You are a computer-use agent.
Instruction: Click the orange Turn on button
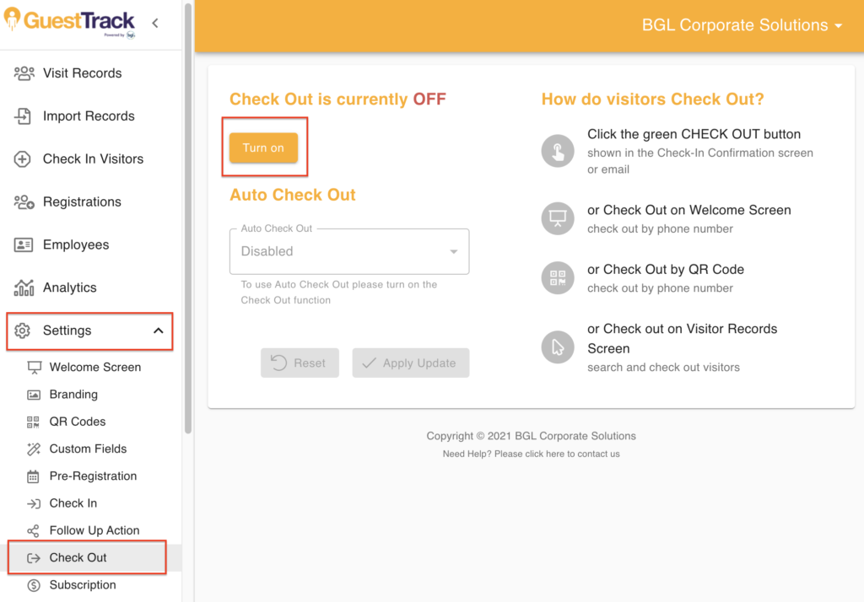click(x=263, y=148)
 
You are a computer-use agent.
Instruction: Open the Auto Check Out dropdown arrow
click(x=453, y=252)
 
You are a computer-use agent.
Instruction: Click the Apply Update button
click(x=411, y=363)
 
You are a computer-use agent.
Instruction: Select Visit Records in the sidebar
click(x=82, y=73)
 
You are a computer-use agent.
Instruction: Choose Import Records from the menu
click(x=89, y=116)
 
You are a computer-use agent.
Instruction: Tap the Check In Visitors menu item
click(x=93, y=159)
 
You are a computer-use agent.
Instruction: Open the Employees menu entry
click(x=76, y=245)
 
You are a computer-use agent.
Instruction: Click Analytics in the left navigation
click(x=69, y=288)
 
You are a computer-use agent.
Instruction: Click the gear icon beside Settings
click(x=23, y=331)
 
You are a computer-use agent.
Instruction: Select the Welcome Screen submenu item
click(x=95, y=368)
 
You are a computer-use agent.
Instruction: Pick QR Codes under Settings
click(x=78, y=422)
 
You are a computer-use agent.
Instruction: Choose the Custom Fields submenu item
click(x=88, y=449)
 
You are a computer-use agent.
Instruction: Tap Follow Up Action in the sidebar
click(x=94, y=530)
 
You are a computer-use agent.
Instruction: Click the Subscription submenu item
click(x=83, y=585)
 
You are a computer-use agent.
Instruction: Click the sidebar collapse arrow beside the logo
click(x=155, y=23)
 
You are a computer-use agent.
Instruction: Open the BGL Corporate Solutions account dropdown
click(x=742, y=25)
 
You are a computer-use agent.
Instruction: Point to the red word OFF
click(x=429, y=99)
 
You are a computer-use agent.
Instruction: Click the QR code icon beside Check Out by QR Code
click(x=558, y=277)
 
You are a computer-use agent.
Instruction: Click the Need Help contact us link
click(x=532, y=454)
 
